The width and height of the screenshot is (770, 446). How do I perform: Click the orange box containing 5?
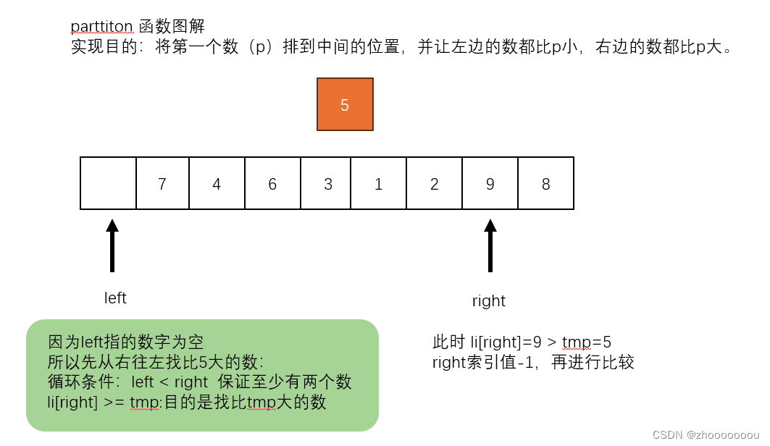tap(345, 104)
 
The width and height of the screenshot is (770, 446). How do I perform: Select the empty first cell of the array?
tap(109, 183)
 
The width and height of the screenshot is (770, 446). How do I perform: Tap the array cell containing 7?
tap(162, 183)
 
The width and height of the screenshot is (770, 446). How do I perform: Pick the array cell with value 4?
tap(217, 183)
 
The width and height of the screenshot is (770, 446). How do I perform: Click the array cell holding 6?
tap(272, 183)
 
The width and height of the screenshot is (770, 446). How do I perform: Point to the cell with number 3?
tap(327, 183)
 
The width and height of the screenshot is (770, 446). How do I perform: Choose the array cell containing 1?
tap(378, 183)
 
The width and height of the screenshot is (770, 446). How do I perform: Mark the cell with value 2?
tap(434, 183)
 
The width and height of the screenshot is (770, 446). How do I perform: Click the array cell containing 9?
tap(490, 183)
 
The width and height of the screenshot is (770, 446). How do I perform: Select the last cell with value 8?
tap(545, 183)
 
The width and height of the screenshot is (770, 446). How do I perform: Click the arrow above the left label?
tap(112, 246)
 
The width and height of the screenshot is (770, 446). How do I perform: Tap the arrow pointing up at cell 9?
tap(490, 246)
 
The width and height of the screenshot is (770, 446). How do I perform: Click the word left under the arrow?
tap(115, 298)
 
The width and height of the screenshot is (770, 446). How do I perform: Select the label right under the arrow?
tap(489, 301)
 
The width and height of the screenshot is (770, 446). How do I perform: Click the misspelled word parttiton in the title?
tap(101, 27)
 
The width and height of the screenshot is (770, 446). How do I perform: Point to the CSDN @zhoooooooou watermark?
tap(705, 434)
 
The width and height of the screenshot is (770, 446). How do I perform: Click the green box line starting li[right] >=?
tap(187, 402)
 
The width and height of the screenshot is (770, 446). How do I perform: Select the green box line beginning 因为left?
tap(126, 341)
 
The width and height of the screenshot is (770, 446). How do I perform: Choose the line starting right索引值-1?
tap(533, 362)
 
